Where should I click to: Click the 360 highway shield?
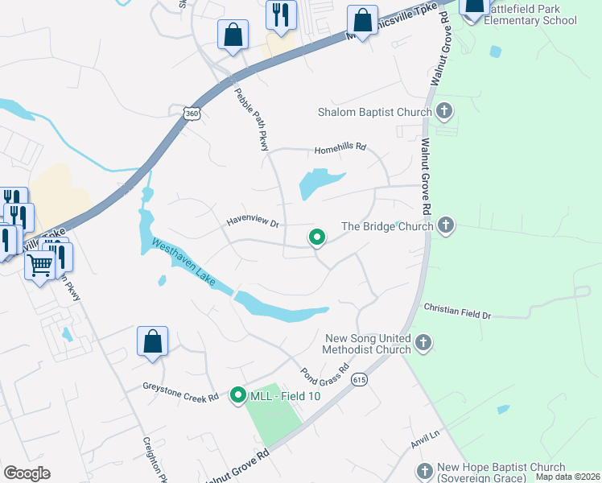tap(192, 114)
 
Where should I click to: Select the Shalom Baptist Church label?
tap(376, 112)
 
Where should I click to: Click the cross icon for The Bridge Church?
tap(446, 226)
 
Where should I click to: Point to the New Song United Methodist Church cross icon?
tap(423, 345)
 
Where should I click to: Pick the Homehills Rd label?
tap(340, 148)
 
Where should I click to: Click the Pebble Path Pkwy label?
tap(251, 118)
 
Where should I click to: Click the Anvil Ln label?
tap(424, 436)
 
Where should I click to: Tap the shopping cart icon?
tap(39, 264)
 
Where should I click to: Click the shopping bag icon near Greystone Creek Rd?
tap(152, 341)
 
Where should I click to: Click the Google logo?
tap(27, 473)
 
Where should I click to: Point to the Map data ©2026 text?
tap(568, 477)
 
